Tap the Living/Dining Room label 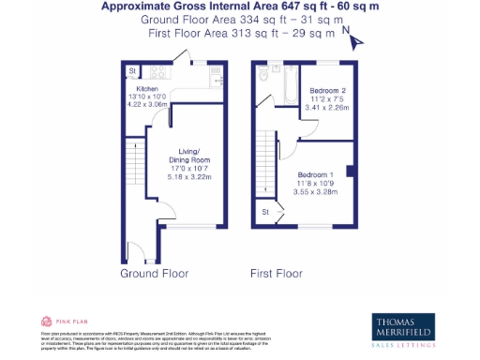[x=189, y=154]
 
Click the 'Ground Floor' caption [x=155, y=274]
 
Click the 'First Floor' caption [x=277, y=274]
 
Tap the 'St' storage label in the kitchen [x=133, y=70]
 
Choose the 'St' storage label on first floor [x=266, y=213]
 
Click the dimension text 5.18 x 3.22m [x=189, y=176]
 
